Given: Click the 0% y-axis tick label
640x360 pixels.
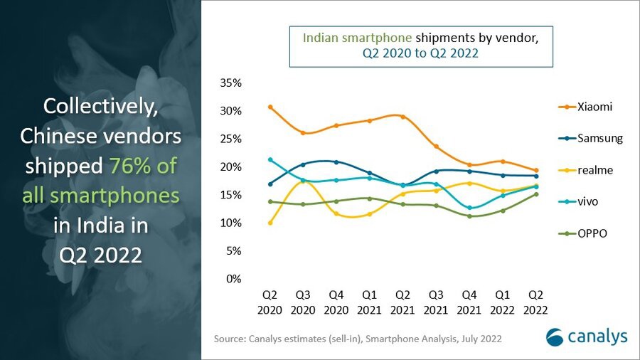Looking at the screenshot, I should (235, 279).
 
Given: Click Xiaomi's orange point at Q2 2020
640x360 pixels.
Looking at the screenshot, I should (270, 107).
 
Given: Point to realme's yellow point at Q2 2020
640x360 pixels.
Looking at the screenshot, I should (270, 223).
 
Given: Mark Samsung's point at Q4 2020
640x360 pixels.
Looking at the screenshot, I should (336, 162).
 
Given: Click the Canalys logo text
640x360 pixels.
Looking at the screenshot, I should (597, 336).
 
